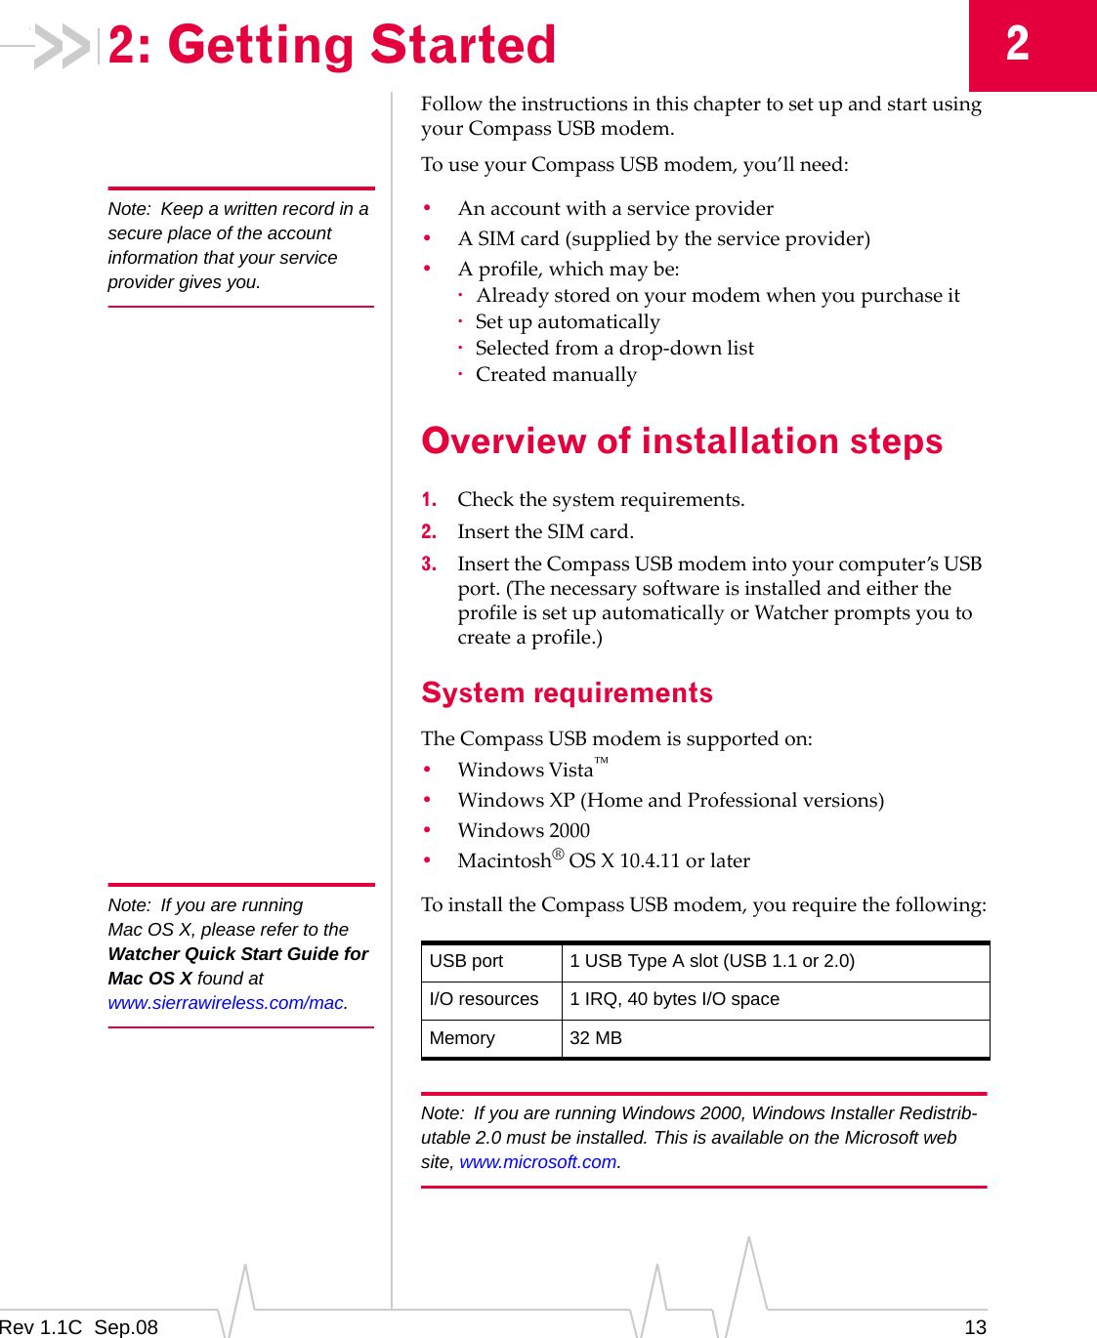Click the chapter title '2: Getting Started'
332,45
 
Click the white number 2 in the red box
1018,44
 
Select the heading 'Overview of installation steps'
681,441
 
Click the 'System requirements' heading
567,692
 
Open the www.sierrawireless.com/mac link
226,1003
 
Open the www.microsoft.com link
538,1162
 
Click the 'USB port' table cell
466,961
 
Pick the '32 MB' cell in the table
596,1038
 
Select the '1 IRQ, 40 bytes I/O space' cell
674,999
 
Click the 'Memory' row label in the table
462,1038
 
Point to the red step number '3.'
429,564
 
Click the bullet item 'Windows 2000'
524,830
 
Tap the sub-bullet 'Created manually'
556,375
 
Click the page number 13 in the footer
975,1326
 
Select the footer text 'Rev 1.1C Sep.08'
79,1326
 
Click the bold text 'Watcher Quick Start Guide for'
238,954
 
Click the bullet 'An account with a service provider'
615,208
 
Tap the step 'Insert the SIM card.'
545,532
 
